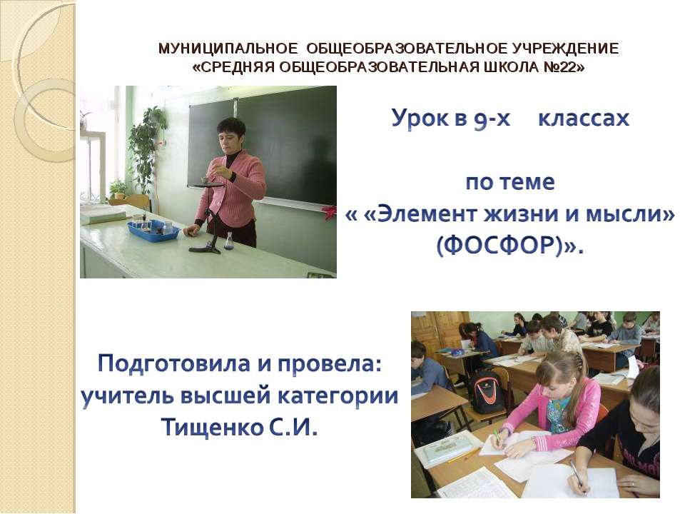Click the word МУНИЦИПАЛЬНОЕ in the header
tap(228, 49)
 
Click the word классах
tap(583, 118)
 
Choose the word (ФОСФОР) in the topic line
tap(504, 246)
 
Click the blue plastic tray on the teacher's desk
tap(153, 228)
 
